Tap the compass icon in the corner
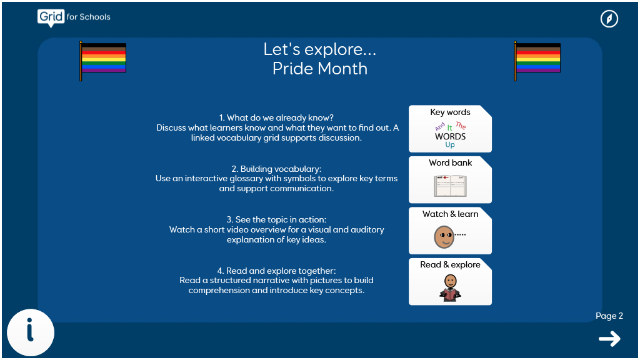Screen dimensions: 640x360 coord(609,19)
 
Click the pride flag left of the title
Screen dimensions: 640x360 coord(103,61)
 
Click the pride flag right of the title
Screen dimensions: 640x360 coord(537,61)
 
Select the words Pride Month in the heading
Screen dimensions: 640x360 coord(320,69)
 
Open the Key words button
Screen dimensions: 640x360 coord(450,129)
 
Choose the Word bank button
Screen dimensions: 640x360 coord(450,179)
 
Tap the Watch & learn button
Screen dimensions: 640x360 coord(450,231)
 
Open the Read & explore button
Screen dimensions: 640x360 coord(450,282)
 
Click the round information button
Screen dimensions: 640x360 coord(31,332)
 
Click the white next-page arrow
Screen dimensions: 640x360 coord(609,339)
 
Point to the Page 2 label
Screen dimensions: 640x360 coord(609,316)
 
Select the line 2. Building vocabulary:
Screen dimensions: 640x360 coord(276,169)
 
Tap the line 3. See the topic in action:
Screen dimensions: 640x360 coord(276,219)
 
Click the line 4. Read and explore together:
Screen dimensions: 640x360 coord(276,271)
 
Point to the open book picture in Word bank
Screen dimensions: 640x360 coord(450,186)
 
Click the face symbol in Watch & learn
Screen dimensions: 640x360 coord(444,237)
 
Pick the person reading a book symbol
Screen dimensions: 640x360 coord(450,287)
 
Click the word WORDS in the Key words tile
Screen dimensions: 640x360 coord(450,137)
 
